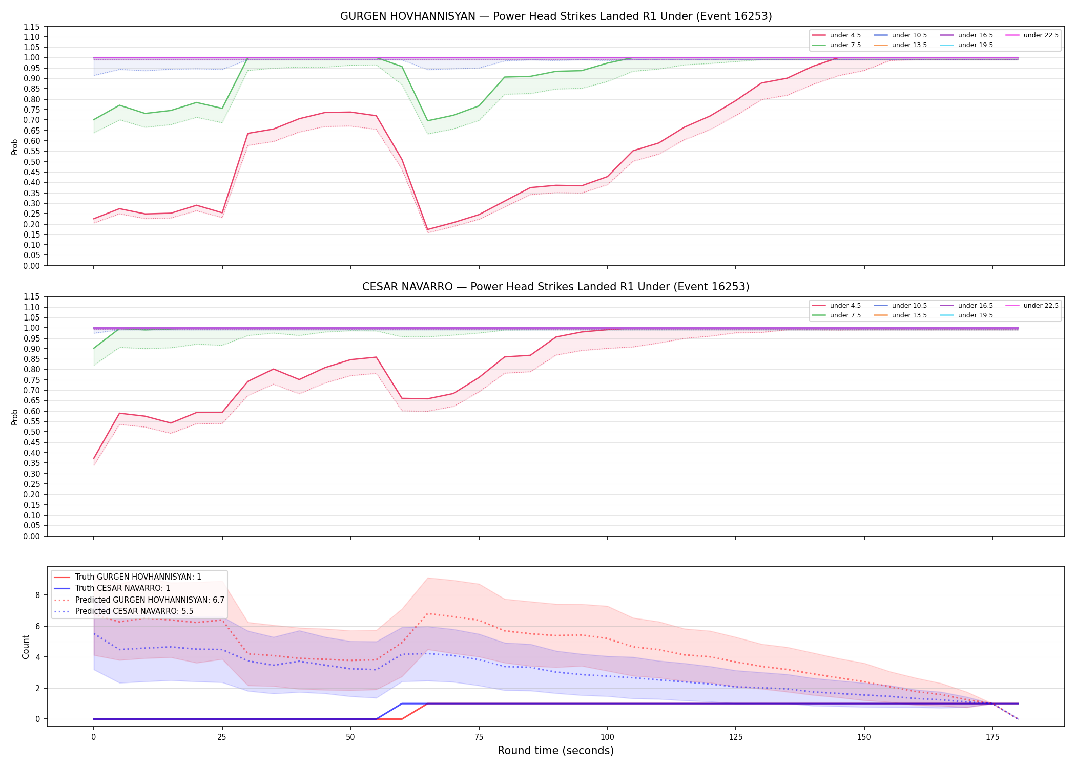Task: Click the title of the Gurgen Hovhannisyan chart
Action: [x=556, y=16]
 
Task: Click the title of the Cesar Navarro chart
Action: [x=556, y=287]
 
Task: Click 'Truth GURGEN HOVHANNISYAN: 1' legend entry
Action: [x=138, y=577]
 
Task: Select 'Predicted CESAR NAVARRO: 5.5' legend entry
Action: [x=134, y=611]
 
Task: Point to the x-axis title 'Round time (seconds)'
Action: [x=555, y=751]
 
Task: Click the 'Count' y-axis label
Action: [x=26, y=647]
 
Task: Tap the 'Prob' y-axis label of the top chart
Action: [x=15, y=146]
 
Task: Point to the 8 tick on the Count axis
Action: [x=37, y=595]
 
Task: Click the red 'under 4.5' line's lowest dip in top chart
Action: [x=427, y=229]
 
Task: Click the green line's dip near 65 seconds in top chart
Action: [x=427, y=121]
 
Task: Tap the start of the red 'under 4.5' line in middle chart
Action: [x=94, y=458]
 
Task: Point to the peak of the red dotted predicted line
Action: [x=427, y=613]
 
